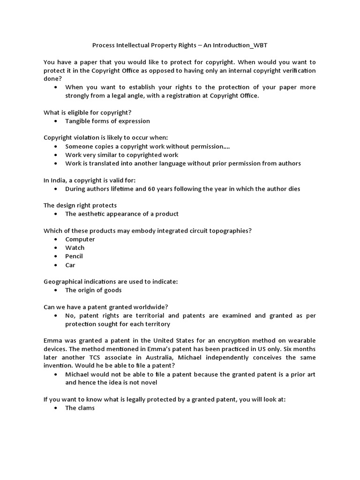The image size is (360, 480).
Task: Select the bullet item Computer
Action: click(80, 239)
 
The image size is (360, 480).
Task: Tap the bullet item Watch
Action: click(75, 247)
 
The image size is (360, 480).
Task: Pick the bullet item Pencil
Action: click(74, 256)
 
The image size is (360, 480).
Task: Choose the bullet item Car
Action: click(70, 265)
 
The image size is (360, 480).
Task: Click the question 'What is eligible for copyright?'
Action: click(87, 112)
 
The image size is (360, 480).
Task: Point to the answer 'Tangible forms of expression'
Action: click(107, 121)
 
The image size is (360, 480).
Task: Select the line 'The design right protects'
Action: click(80, 205)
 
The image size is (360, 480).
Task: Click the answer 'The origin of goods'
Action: click(93, 290)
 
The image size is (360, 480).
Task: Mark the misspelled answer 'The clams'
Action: click(80, 408)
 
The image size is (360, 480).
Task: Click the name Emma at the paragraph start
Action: click(52, 340)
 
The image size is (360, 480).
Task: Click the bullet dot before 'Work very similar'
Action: click(56, 155)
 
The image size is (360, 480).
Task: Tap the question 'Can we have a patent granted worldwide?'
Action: click(105, 307)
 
